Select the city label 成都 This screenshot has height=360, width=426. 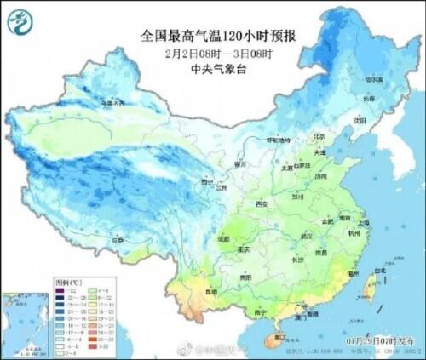pos(223,239)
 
